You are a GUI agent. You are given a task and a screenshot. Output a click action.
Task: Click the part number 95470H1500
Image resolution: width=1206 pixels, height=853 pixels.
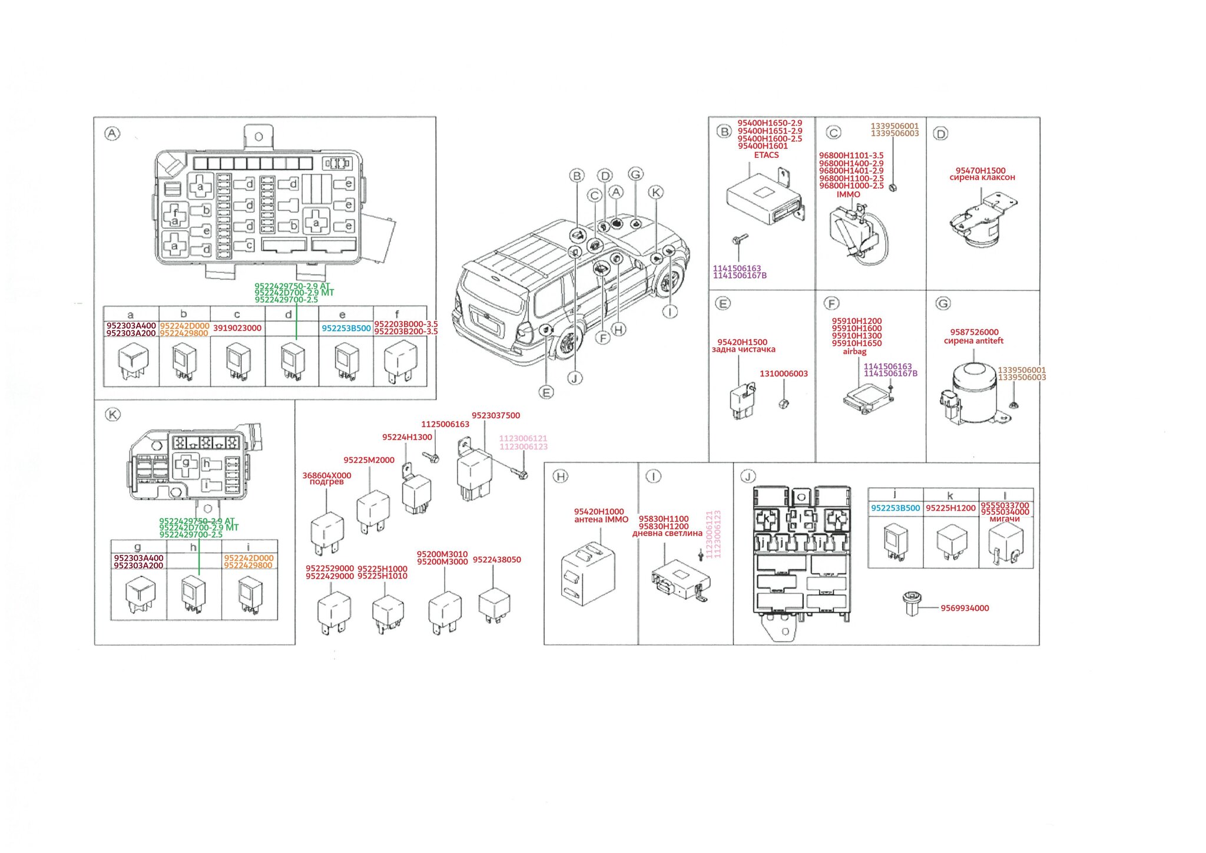980,170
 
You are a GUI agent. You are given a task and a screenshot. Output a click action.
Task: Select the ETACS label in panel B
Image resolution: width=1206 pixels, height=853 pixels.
766,155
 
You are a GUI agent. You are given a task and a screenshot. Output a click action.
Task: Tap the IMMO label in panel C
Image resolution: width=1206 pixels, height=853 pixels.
848,194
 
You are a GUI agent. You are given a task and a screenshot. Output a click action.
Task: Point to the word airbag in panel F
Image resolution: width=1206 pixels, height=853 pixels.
854,352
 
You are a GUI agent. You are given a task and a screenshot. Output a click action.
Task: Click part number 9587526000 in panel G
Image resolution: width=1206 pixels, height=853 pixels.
974,332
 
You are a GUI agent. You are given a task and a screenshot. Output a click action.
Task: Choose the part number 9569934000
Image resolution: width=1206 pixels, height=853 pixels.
965,609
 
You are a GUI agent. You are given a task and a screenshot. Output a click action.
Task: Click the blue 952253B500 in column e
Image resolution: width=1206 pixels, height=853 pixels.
346,329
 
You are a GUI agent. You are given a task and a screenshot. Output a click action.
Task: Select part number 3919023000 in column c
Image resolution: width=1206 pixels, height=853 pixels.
237,328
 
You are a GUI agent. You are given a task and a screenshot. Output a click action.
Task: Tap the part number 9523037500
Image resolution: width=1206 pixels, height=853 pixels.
496,415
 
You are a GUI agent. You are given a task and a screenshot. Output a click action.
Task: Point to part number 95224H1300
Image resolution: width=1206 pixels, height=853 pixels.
407,437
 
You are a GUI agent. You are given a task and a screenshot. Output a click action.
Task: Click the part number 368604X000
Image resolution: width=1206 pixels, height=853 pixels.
327,475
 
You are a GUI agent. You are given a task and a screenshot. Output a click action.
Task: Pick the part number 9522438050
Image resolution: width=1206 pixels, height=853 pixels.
496,560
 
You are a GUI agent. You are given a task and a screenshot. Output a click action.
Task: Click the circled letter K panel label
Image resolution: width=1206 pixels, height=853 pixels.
112,415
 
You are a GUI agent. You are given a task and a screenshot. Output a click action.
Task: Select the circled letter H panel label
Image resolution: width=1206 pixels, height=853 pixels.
560,477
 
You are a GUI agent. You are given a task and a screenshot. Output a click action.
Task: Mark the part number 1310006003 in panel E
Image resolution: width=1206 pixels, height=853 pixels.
783,373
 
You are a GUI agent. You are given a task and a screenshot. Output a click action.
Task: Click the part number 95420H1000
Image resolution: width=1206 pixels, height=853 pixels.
599,512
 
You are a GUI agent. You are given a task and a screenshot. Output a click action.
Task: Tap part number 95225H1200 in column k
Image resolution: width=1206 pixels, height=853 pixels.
950,508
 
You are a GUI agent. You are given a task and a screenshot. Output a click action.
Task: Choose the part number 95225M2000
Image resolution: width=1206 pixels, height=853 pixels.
369,460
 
